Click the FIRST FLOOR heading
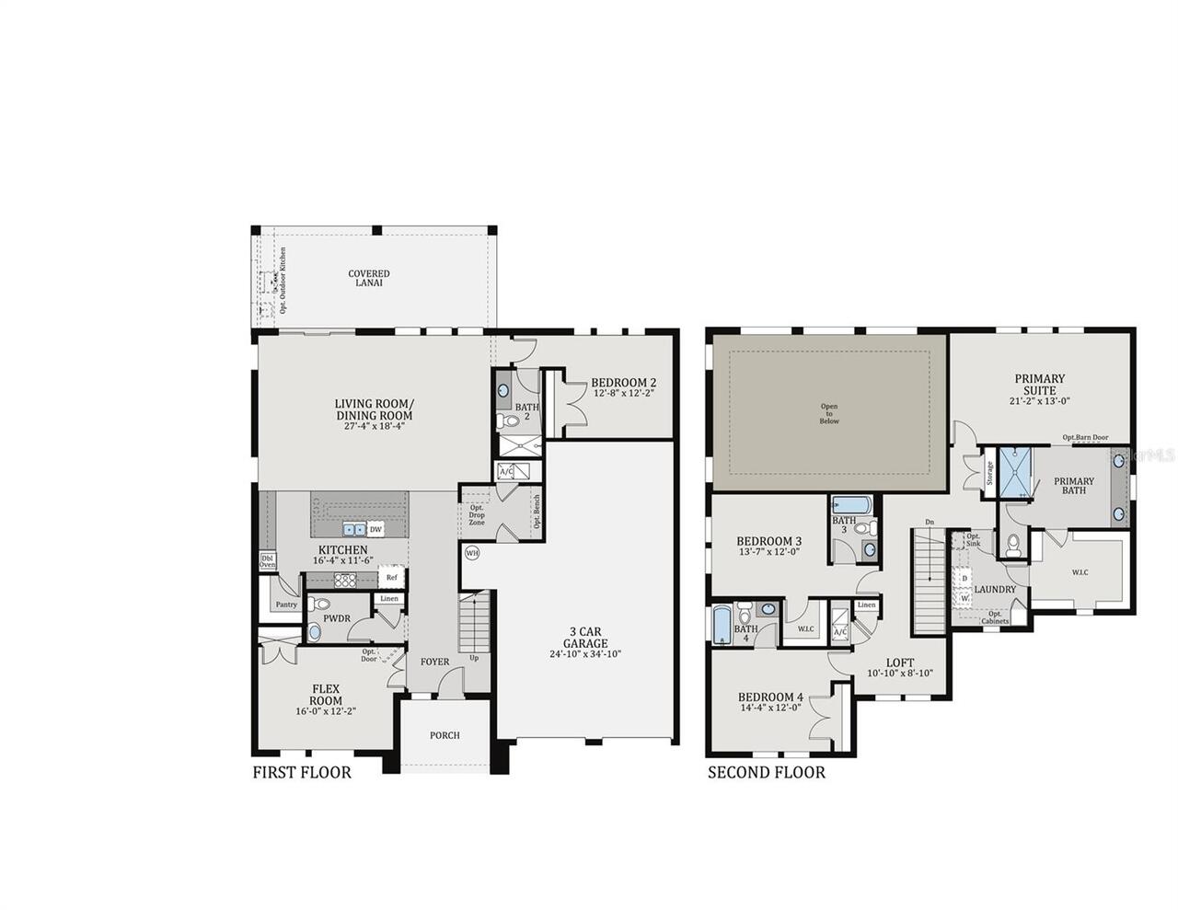click(x=302, y=772)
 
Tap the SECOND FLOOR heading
click(x=766, y=772)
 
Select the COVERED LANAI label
click(x=368, y=278)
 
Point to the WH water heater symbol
click(x=472, y=553)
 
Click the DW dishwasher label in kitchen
click(x=375, y=529)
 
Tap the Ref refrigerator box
click(x=391, y=578)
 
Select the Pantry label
click(x=286, y=605)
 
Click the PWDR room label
click(x=336, y=618)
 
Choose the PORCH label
click(x=445, y=735)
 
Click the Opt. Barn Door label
click(x=1085, y=438)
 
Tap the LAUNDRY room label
click(x=995, y=590)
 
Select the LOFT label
click(x=900, y=662)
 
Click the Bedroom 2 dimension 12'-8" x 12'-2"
click(x=624, y=394)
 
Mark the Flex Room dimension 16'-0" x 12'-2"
click(x=326, y=711)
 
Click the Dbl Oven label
click(x=267, y=561)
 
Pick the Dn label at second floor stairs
click(x=929, y=523)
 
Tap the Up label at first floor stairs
click(x=475, y=658)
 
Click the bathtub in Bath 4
click(x=723, y=622)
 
